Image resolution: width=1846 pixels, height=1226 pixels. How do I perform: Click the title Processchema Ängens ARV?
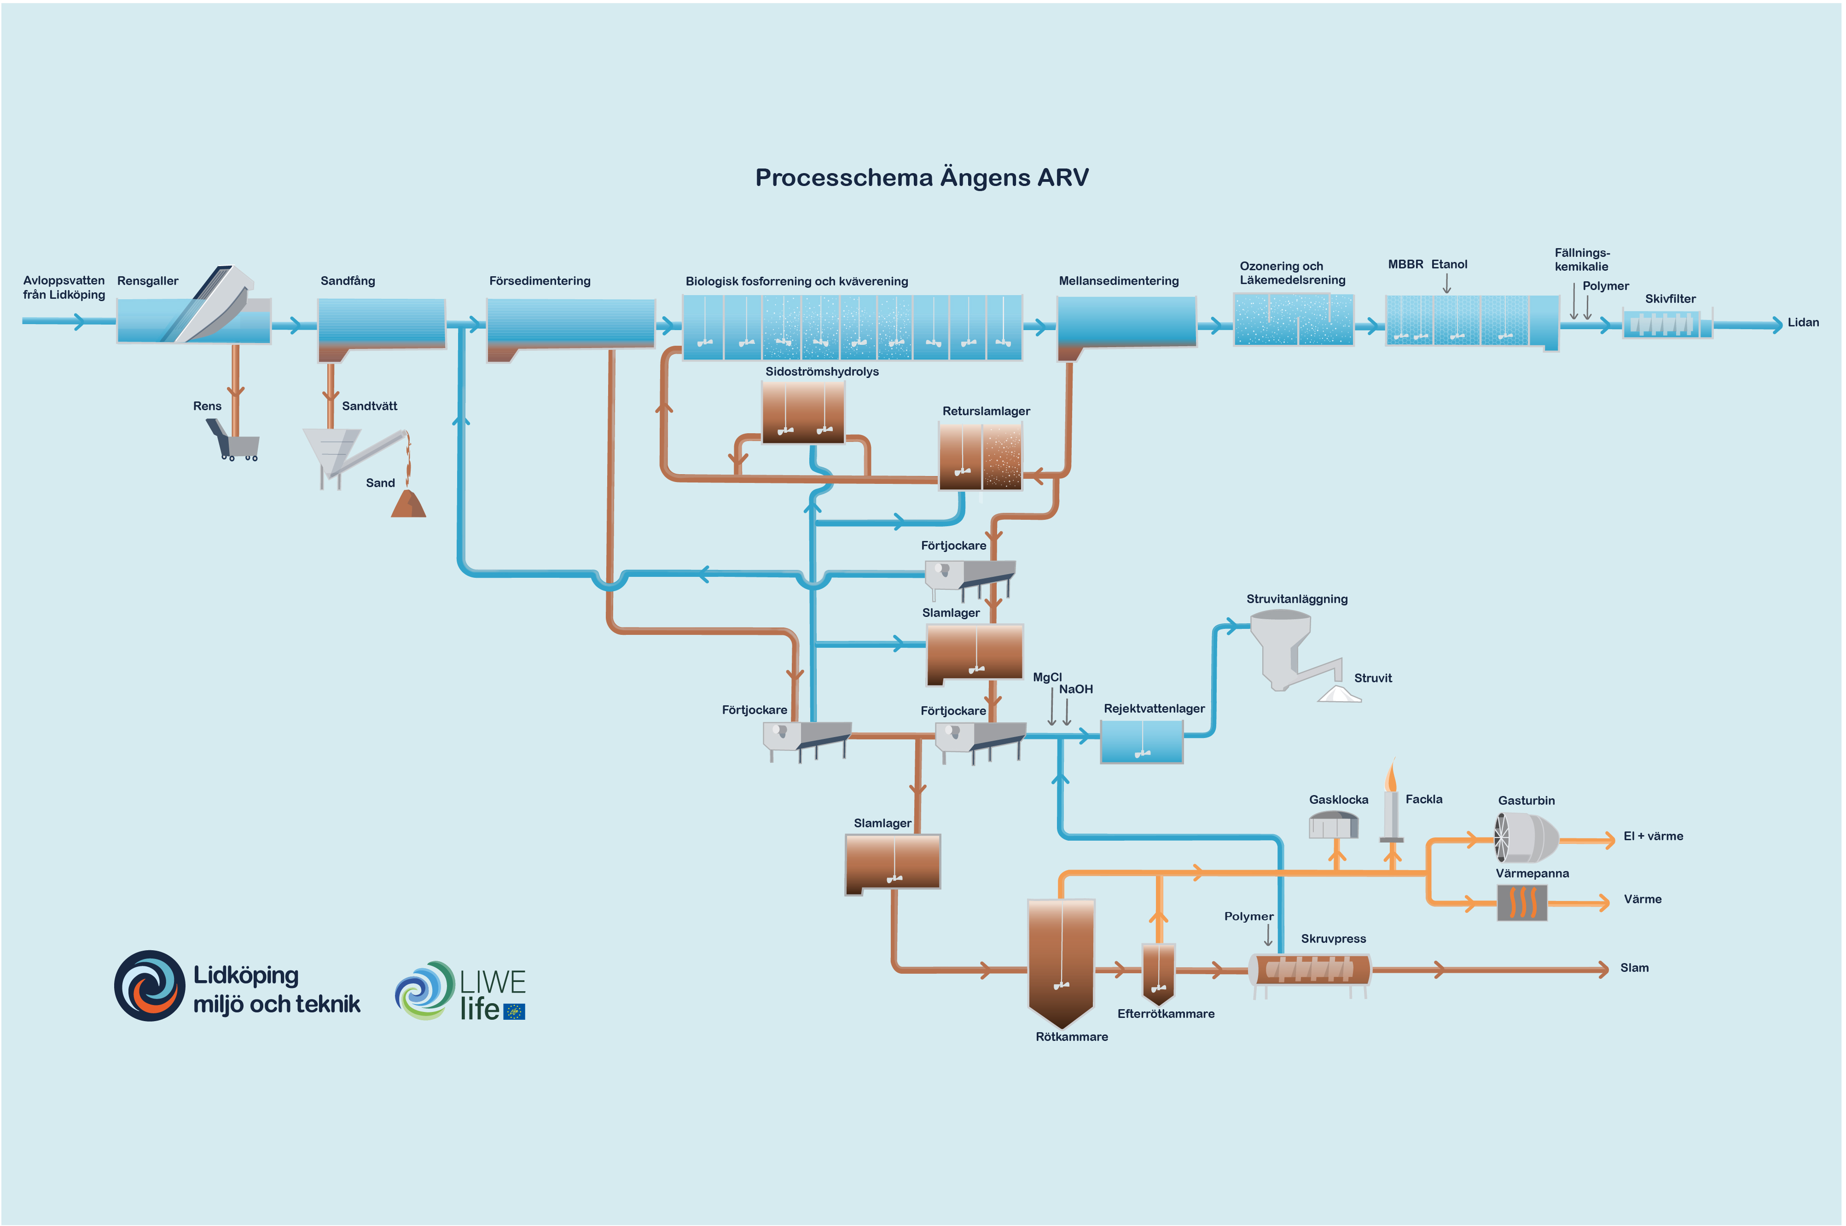[x=921, y=178]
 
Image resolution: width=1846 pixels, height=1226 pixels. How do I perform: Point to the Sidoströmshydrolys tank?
[x=803, y=412]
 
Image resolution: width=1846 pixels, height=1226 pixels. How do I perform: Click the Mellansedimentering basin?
[x=1126, y=322]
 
